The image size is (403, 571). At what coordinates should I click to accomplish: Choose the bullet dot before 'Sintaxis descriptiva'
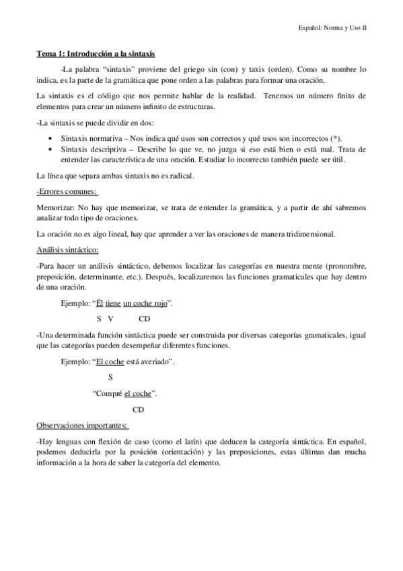pos(52,148)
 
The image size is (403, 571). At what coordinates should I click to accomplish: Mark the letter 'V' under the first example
pos(110,318)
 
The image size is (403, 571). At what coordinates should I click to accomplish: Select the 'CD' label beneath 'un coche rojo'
pos(143,318)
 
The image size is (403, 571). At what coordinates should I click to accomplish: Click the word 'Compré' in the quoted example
pos(108,393)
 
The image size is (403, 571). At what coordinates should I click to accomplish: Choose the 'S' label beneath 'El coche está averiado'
pos(110,377)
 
